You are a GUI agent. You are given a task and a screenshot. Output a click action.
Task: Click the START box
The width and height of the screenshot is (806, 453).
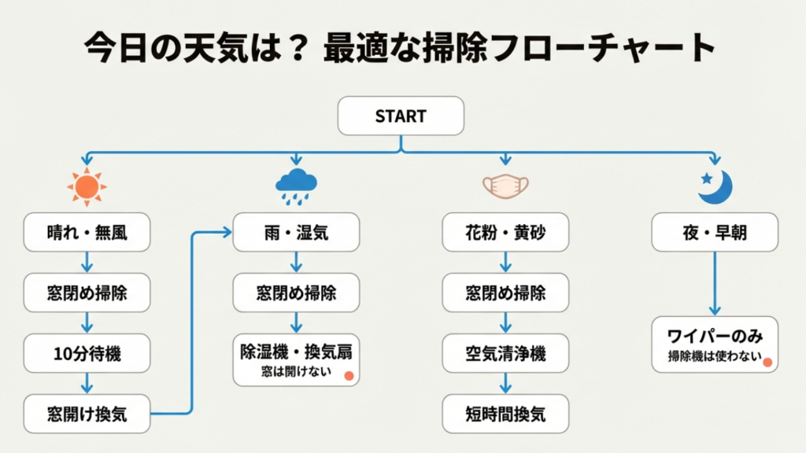(401, 116)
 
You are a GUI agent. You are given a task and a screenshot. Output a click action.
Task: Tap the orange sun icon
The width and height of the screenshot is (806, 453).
(87, 186)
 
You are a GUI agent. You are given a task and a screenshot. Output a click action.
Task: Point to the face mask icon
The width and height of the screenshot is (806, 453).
(505, 186)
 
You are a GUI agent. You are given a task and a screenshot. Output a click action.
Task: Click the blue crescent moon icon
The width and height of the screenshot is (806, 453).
(715, 186)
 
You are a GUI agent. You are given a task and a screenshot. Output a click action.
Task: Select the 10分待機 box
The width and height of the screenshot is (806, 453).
(87, 353)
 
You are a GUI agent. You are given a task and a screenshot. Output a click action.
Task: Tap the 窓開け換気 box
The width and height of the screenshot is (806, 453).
(87, 414)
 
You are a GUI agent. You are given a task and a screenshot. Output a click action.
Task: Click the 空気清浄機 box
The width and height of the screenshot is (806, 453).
(505, 353)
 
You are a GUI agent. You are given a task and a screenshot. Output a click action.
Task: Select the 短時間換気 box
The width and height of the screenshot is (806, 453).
(505, 414)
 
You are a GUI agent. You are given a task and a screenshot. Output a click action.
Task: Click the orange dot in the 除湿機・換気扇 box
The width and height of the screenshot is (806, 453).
(348, 376)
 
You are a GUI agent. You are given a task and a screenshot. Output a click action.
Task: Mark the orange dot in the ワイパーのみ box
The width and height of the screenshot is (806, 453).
(767, 363)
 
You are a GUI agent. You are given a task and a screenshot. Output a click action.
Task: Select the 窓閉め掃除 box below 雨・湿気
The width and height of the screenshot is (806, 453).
(296, 293)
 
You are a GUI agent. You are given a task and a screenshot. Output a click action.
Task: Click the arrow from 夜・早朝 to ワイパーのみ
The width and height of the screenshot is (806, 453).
(715, 283)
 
